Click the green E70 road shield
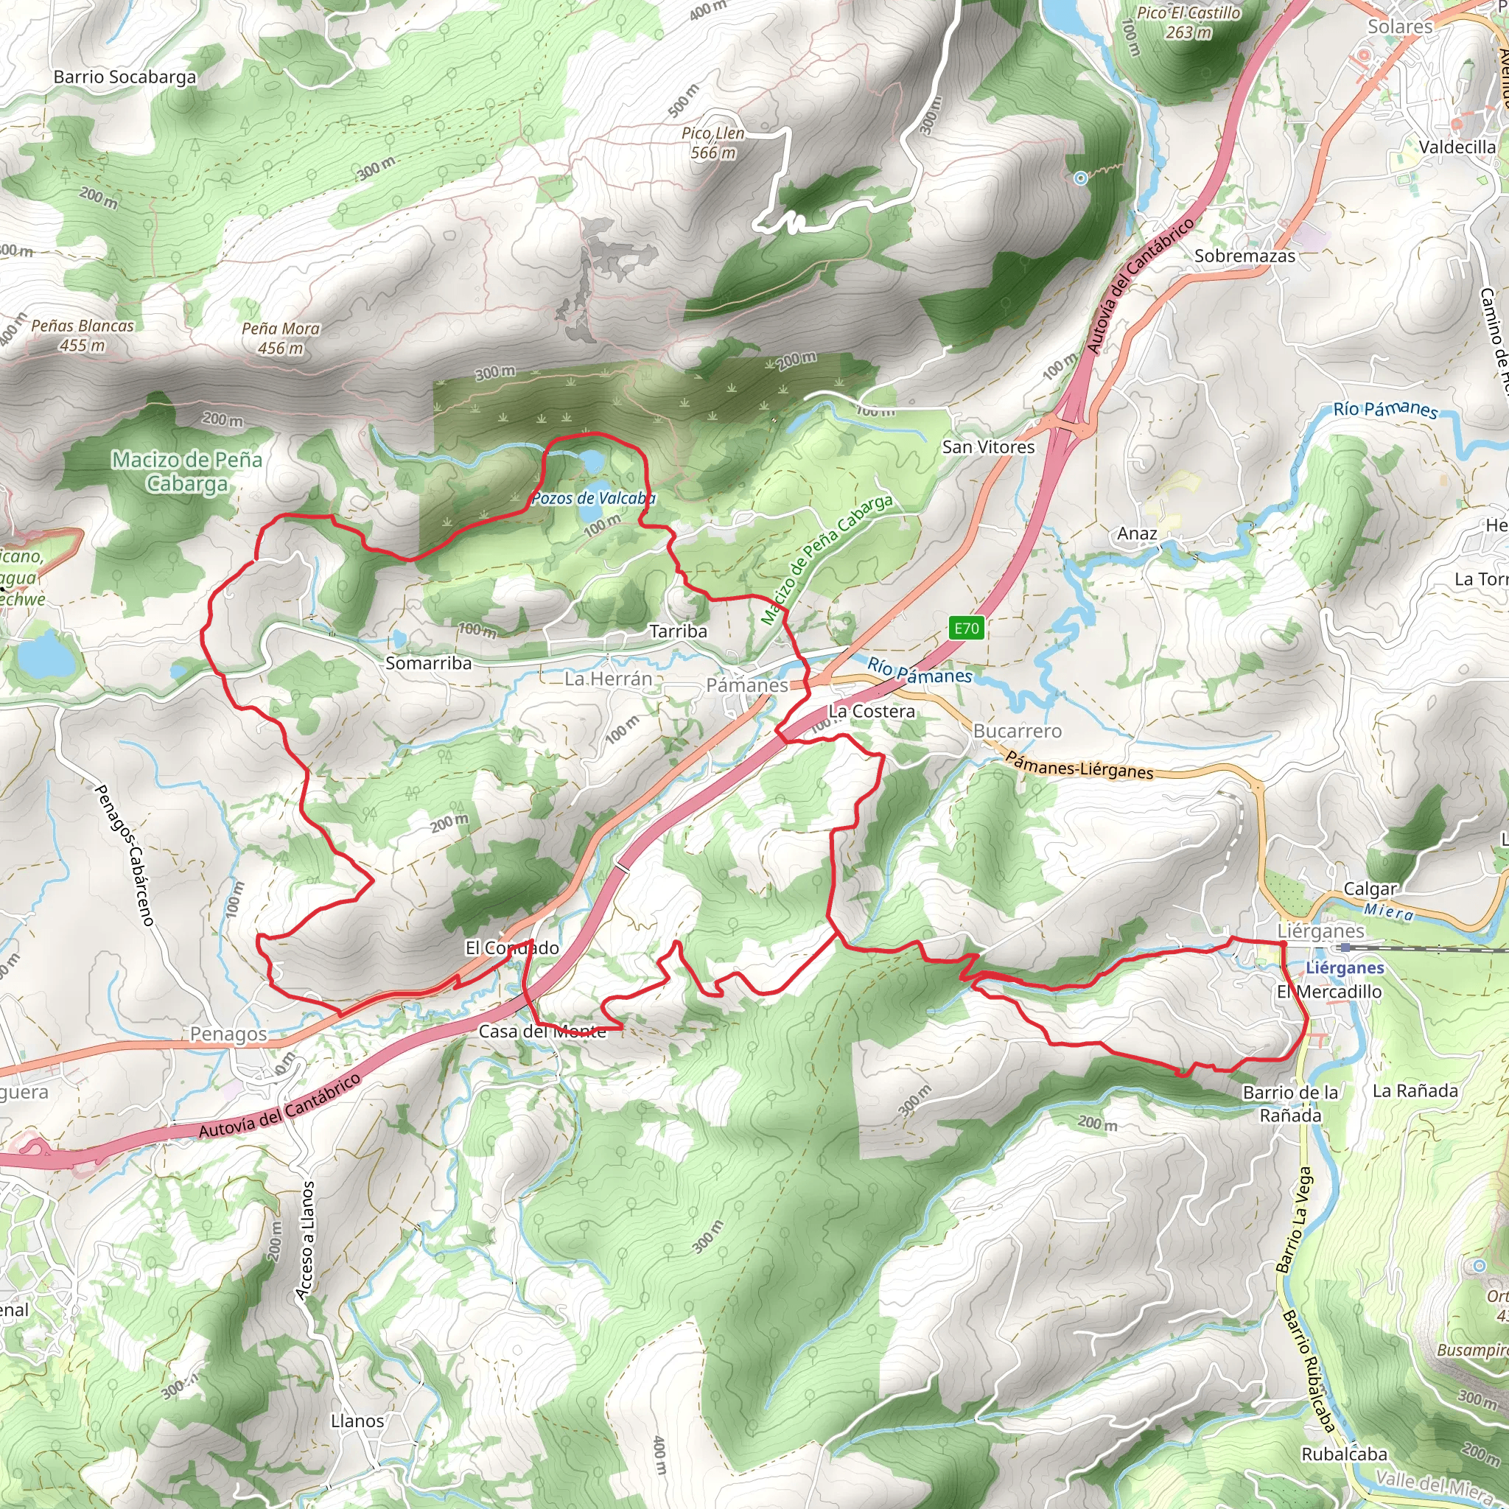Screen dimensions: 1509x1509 point(966,628)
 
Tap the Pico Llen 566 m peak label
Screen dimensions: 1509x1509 point(713,143)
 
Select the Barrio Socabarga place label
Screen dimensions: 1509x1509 point(125,77)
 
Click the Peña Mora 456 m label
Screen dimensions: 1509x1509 point(281,338)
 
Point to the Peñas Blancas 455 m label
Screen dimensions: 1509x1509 point(82,335)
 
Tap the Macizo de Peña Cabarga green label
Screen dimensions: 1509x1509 point(186,471)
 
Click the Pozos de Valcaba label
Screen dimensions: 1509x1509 point(593,498)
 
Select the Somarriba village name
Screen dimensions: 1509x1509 point(428,663)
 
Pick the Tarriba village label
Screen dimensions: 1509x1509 point(678,631)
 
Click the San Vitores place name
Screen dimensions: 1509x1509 point(988,447)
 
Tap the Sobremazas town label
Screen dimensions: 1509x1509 point(1244,256)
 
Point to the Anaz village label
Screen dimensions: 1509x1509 point(1136,533)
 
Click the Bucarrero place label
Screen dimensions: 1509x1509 point(1017,731)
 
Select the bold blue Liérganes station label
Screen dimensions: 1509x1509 point(1344,967)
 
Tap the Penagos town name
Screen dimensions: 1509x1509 point(228,1034)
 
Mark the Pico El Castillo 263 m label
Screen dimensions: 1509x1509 point(1188,23)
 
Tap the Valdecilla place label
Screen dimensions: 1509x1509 point(1457,147)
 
